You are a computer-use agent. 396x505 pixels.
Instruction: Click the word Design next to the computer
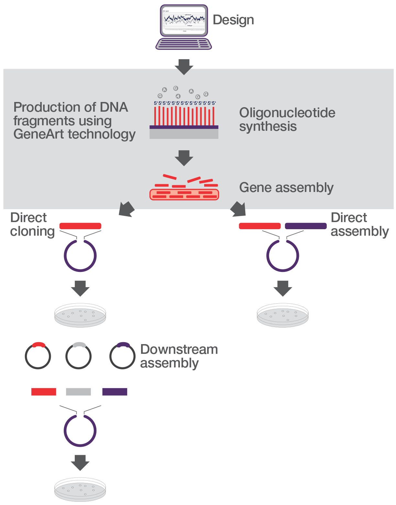click(233, 20)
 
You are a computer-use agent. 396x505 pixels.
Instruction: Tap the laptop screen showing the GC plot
click(184, 20)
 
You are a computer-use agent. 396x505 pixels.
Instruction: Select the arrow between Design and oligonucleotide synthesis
click(184, 67)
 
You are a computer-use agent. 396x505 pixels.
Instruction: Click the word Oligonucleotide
click(287, 113)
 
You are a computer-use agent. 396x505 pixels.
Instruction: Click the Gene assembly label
click(286, 188)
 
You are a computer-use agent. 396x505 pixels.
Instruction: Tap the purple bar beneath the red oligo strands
click(184, 127)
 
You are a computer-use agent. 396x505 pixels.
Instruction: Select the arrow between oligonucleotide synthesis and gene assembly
click(184, 158)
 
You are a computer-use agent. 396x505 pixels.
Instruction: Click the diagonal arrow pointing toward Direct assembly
click(238, 209)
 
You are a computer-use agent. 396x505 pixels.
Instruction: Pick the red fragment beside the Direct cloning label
click(80, 226)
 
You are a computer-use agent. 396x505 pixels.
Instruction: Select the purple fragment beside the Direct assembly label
click(305, 226)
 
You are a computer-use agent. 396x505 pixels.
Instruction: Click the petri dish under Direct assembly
click(282, 315)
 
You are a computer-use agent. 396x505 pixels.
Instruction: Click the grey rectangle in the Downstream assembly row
click(78, 392)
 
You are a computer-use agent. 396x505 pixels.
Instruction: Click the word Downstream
click(179, 350)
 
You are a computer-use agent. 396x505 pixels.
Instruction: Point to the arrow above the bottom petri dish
click(80, 462)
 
